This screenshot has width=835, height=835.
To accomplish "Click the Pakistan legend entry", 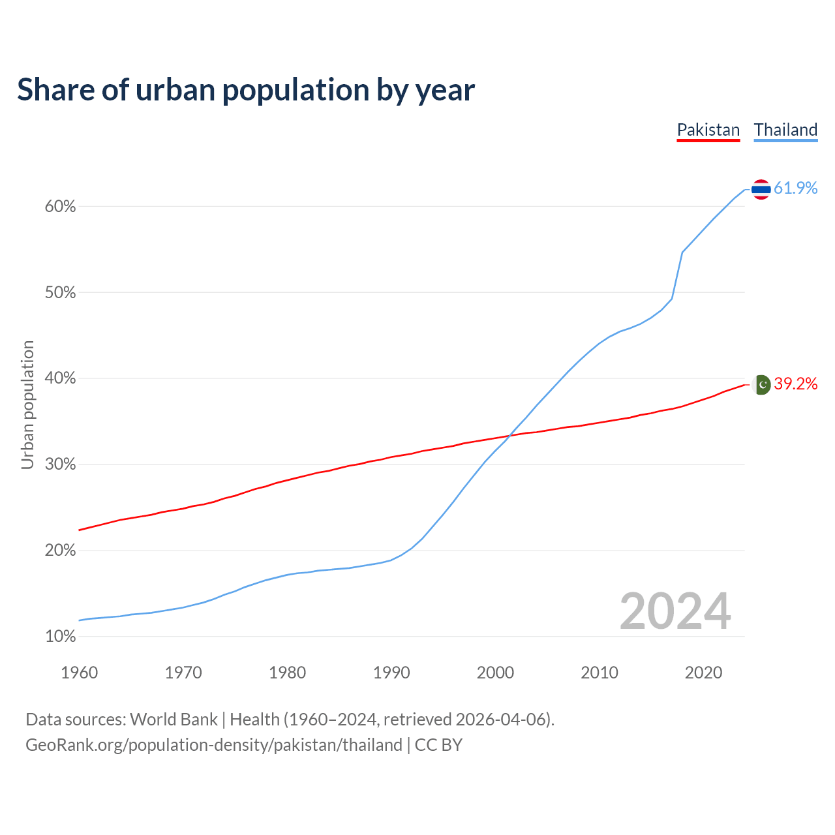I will pos(708,130).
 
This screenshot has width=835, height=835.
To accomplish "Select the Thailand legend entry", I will pos(785,130).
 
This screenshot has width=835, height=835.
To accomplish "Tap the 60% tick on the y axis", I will pos(61,207).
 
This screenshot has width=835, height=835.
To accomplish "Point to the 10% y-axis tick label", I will pos(61,636).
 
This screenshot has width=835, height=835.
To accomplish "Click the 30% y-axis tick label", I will pos(61,464).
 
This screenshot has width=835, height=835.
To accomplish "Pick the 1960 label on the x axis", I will pos(79,673).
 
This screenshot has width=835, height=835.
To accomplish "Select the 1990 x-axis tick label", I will pos(391,673).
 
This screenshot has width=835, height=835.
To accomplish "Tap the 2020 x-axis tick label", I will pos(703,673).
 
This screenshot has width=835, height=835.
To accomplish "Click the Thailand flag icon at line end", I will pos(761,189).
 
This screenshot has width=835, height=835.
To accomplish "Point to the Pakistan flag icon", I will pos(762,384).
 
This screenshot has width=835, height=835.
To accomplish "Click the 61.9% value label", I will pos(795,189).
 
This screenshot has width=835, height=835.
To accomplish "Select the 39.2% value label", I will pos(795,384).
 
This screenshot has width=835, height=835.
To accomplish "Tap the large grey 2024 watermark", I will pos(675,611).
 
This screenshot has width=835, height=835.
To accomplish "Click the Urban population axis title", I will pos(27,404).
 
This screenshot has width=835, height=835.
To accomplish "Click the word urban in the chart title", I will pos(175,90).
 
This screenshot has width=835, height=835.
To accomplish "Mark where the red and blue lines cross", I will pos(510,436).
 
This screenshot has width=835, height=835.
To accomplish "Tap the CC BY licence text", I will pos(438,745).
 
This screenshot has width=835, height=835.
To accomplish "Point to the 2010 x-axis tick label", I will pos(600,673).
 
